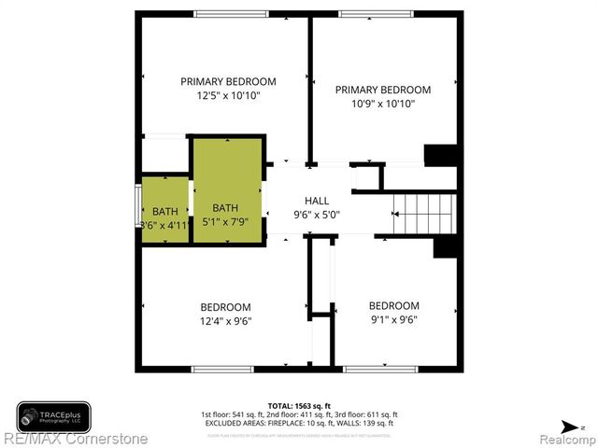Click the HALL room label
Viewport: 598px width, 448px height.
316,201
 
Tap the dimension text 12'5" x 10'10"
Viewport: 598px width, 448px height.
228,96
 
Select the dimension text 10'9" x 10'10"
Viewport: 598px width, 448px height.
383,105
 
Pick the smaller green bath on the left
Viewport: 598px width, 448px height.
164,210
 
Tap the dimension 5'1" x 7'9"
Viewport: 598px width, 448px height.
226,222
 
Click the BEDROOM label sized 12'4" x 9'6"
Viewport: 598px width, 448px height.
225,307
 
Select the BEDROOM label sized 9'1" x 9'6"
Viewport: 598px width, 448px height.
393,305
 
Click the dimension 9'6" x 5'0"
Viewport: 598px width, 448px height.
316,215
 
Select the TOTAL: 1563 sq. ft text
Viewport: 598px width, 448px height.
299,405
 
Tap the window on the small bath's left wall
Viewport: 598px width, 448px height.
138,210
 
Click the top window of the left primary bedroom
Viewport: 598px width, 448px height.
228,14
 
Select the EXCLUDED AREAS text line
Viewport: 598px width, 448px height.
299,423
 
